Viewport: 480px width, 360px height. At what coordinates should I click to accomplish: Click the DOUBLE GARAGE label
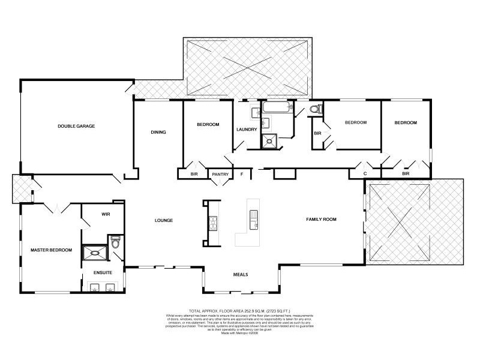point(76,126)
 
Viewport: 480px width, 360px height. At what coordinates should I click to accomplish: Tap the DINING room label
point(158,133)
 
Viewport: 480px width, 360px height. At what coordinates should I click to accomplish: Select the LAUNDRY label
point(247,130)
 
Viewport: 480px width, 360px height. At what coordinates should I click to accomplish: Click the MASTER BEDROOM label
point(52,250)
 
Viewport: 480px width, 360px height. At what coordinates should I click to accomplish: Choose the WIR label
point(106,214)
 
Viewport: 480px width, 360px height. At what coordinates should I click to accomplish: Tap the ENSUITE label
point(102,272)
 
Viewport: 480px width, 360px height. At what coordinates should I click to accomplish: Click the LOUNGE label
point(163,220)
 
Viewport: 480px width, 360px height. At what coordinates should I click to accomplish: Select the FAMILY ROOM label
point(322,220)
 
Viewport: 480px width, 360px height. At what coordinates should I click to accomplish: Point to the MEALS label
point(241,274)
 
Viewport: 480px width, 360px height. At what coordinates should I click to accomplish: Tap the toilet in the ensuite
point(116,243)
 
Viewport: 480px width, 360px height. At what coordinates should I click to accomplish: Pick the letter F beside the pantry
point(242,175)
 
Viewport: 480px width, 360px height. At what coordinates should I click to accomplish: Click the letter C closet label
point(365,173)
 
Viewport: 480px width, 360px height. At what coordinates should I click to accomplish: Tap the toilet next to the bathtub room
point(317,109)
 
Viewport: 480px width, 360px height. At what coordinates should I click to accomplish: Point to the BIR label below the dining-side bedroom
point(194,175)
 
